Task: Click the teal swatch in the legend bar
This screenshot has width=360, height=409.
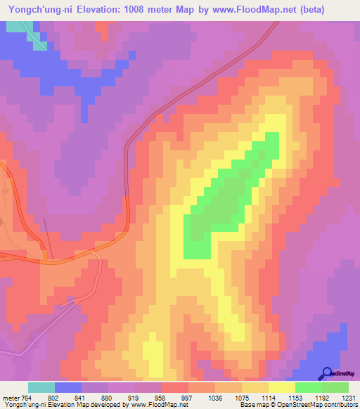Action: [41, 387]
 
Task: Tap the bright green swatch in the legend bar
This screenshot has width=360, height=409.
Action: [308, 387]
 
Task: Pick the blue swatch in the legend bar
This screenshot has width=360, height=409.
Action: [68, 387]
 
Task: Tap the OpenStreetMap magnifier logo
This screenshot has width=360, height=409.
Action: [327, 373]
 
